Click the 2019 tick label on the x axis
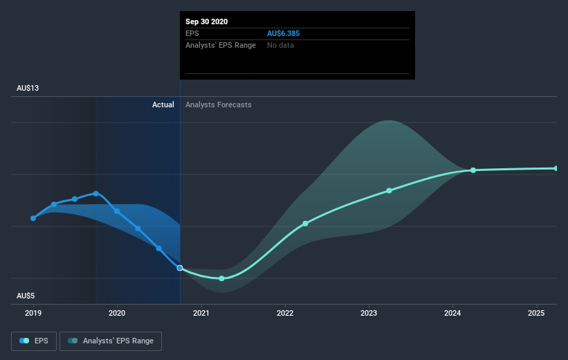tap(33, 313)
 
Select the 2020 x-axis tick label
tap(117, 313)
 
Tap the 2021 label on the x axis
tap(201, 313)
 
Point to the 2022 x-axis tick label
tap(285, 313)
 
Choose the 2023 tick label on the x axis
tap(368, 313)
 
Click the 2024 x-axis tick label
tap(452, 313)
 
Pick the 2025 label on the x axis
tap(536, 313)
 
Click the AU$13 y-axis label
tap(28, 88)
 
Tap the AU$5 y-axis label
tap(26, 296)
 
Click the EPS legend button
tap(34, 341)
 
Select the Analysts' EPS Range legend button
tap(111, 341)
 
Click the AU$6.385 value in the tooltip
tap(283, 33)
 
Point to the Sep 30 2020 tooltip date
tap(206, 21)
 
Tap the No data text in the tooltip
tap(280, 45)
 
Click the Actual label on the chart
tap(163, 105)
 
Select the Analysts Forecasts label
tap(219, 105)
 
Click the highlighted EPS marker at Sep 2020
tap(180, 268)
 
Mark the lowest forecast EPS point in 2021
tap(221, 278)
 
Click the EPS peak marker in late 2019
tap(95, 194)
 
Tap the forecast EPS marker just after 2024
tap(473, 170)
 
